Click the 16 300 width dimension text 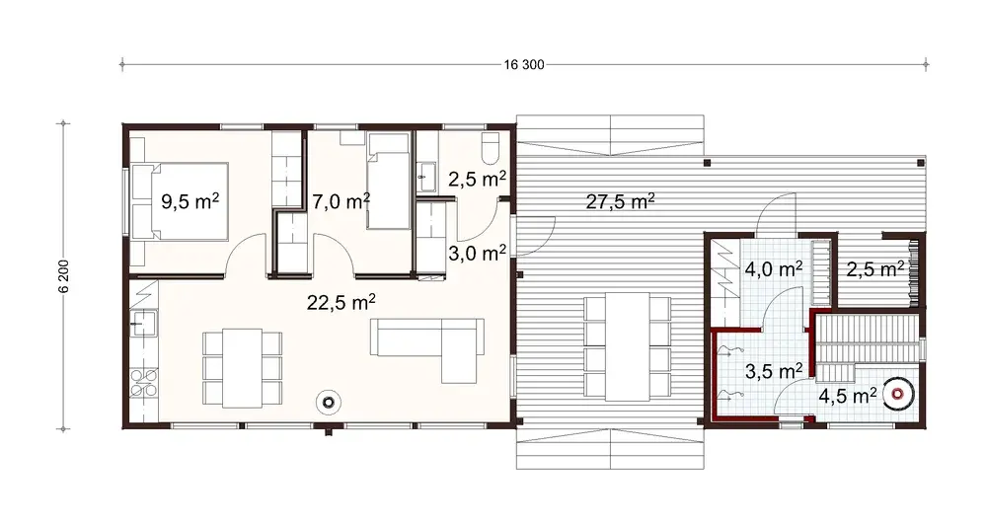(523, 65)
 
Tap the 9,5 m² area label (190, 202)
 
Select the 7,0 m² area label (341, 200)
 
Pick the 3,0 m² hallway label (477, 252)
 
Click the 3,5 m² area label (773, 372)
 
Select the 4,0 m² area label (773, 268)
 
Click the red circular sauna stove (897, 394)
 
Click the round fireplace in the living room (328, 402)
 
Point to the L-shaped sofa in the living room (434, 345)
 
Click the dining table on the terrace (626, 345)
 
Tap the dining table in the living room (242, 367)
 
